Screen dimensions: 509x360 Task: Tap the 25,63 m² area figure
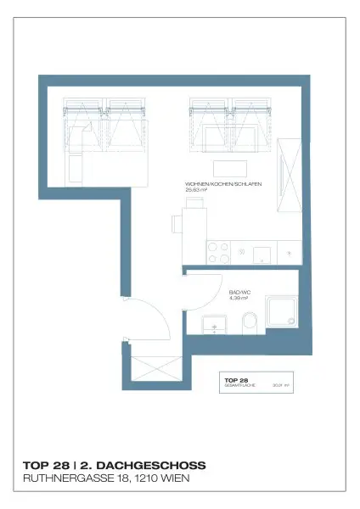[197, 191]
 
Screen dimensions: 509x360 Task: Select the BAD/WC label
[238, 292]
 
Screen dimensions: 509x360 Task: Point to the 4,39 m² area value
[239, 299]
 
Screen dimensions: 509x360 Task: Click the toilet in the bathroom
[250, 322]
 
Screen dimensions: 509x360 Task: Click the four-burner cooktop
[217, 252]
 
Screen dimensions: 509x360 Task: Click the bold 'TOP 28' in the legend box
[236, 379]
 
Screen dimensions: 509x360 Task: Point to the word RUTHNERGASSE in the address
[62, 479]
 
